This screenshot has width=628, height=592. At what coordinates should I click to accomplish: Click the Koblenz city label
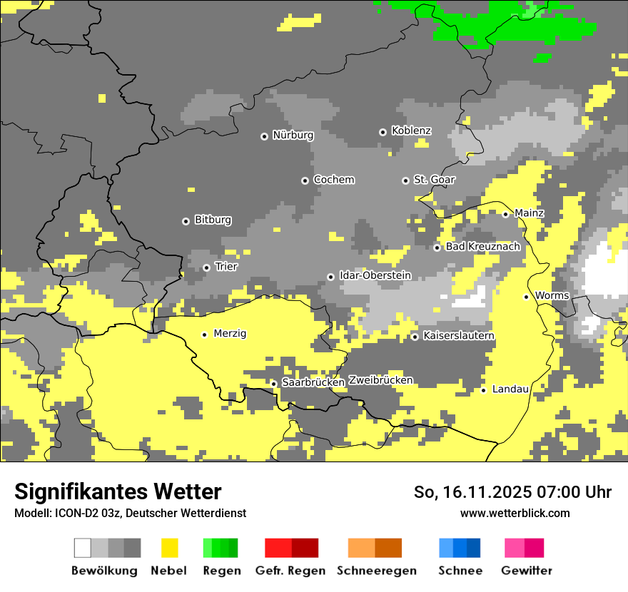[x=411, y=131]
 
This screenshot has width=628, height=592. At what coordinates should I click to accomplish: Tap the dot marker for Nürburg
[x=264, y=136]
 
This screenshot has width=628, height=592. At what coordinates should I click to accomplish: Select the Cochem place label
[x=333, y=180]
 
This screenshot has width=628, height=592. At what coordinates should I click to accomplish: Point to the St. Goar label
[x=434, y=180]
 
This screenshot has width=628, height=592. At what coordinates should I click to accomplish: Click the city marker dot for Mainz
[x=505, y=214]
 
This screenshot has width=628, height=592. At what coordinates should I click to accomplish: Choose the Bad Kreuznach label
[x=482, y=247]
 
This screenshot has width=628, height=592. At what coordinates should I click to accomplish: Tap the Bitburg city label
[x=213, y=220]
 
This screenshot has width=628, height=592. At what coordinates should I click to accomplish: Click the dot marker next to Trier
[x=206, y=267]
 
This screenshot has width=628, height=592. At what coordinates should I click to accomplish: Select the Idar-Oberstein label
[x=375, y=275]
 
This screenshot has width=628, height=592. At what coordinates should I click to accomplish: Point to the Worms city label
[x=552, y=295]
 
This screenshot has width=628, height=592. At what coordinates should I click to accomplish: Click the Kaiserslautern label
[x=458, y=336]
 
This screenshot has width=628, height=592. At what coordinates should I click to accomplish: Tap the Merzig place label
[x=230, y=334]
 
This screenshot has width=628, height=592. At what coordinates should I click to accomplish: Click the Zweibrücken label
[x=380, y=381]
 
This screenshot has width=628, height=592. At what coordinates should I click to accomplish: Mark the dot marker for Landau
[x=483, y=390]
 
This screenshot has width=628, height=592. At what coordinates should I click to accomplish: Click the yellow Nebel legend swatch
[x=170, y=548]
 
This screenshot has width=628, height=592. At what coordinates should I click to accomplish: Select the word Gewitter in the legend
[x=526, y=571]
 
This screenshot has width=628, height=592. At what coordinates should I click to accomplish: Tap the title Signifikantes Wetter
[x=118, y=491]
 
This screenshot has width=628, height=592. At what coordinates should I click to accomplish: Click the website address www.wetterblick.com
[x=515, y=514]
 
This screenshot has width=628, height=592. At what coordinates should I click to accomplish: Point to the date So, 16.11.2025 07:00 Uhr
[x=512, y=492]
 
